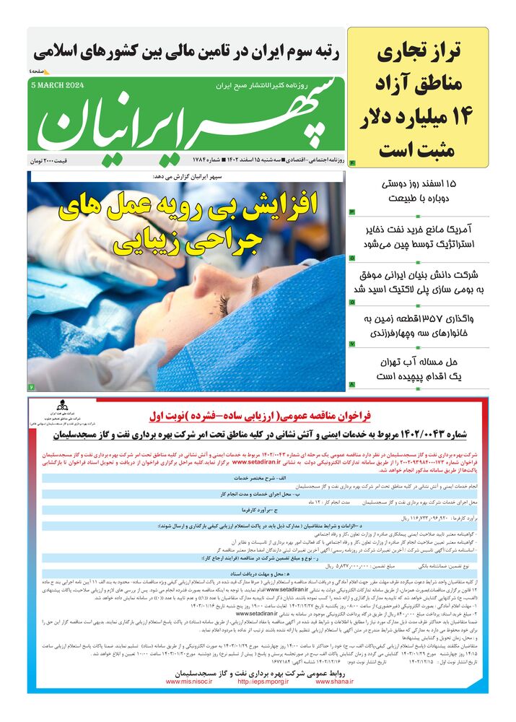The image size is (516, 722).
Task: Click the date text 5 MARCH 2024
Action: click(58, 84)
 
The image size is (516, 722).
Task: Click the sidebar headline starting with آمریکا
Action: click(419, 237)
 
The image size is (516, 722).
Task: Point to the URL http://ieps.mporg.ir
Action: click(263, 681)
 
